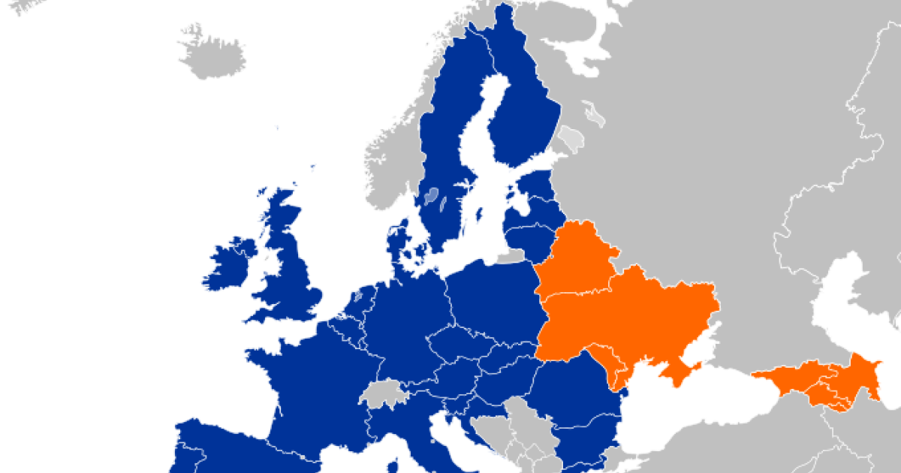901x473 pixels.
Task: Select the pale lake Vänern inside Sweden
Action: click(431, 197)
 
